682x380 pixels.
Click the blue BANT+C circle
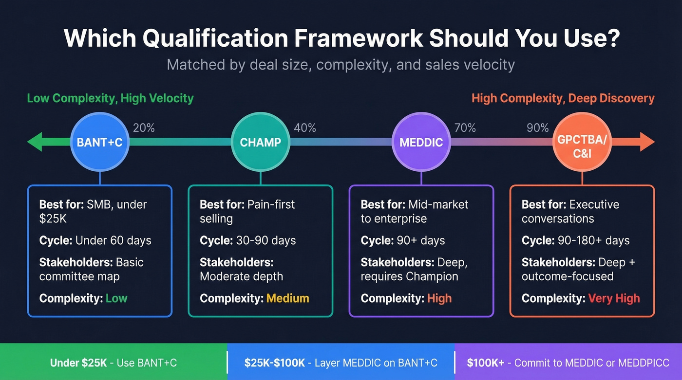click(100, 142)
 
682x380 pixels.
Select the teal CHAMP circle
click(261, 142)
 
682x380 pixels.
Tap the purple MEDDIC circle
click(421, 142)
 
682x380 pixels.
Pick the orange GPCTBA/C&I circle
click(582, 142)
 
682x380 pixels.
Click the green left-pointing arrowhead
click(35, 142)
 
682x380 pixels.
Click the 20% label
click(144, 128)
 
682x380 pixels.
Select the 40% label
click(305, 128)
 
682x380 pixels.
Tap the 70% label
click(465, 128)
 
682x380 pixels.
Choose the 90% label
click(538, 128)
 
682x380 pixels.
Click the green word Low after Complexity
click(116, 298)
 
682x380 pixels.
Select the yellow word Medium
click(287, 298)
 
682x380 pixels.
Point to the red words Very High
click(614, 298)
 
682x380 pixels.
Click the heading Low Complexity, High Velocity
click(110, 98)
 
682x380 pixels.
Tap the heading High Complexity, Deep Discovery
click(563, 98)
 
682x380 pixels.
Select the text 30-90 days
click(266, 240)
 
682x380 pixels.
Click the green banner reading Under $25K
click(114, 363)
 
